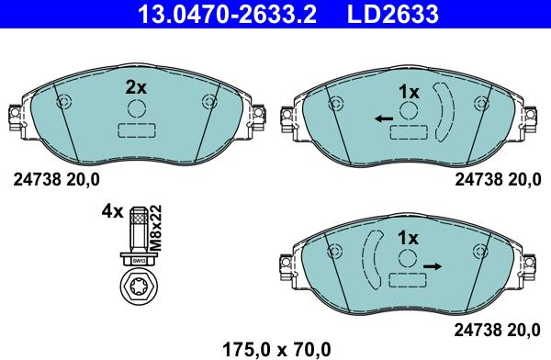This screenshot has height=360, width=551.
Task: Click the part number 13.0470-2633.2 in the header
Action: pos(228,14)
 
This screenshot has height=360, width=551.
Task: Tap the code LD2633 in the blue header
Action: pos(393,14)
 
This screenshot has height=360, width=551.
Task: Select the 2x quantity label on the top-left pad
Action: pos(136,87)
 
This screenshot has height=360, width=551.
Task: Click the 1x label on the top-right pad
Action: pos(409,92)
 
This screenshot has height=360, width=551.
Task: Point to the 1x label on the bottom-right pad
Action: pos(408,238)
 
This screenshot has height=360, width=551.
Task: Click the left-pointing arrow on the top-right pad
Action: pos(384,118)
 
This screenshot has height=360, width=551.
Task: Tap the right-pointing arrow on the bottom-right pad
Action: pos(433,266)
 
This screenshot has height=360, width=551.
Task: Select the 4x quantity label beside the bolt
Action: pos(112,211)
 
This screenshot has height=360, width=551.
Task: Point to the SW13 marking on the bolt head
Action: pos(139,261)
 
